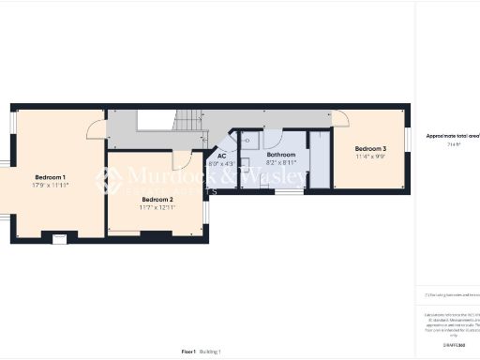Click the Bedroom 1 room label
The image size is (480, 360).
(51, 177)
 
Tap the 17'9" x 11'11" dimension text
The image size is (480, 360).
(51, 185)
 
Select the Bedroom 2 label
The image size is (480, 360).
(157, 199)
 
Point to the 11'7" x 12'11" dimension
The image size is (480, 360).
(157, 206)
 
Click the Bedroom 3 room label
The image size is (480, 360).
(370, 149)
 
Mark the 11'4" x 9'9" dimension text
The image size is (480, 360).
(370, 157)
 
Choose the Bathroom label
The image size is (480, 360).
(281, 155)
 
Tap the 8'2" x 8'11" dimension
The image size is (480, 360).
(281, 162)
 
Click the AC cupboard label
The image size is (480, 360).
(222, 156)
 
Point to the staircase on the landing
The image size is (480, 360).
(188, 120)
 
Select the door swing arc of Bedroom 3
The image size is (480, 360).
(340, 119)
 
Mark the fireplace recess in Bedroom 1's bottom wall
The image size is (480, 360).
(60, 237)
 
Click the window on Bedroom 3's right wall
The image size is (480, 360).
(408, 138)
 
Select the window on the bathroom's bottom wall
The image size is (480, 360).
(289, 192)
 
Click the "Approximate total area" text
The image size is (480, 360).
(453, 137)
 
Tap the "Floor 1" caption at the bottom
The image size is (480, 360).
(188, 352)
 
